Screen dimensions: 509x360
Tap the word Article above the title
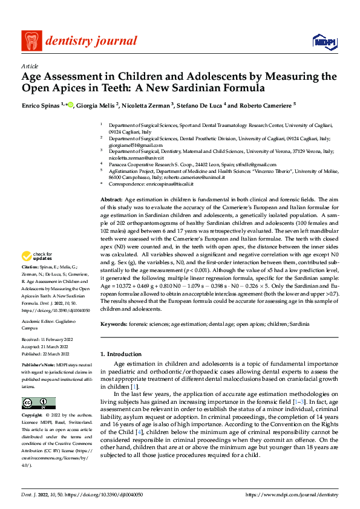coord(30,66)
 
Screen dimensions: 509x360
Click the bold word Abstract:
coord(111,199)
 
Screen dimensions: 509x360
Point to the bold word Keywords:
coord(114,325)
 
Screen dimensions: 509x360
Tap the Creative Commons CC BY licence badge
coord(38,403)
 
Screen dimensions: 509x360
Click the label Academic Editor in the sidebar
coord(40,322)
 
